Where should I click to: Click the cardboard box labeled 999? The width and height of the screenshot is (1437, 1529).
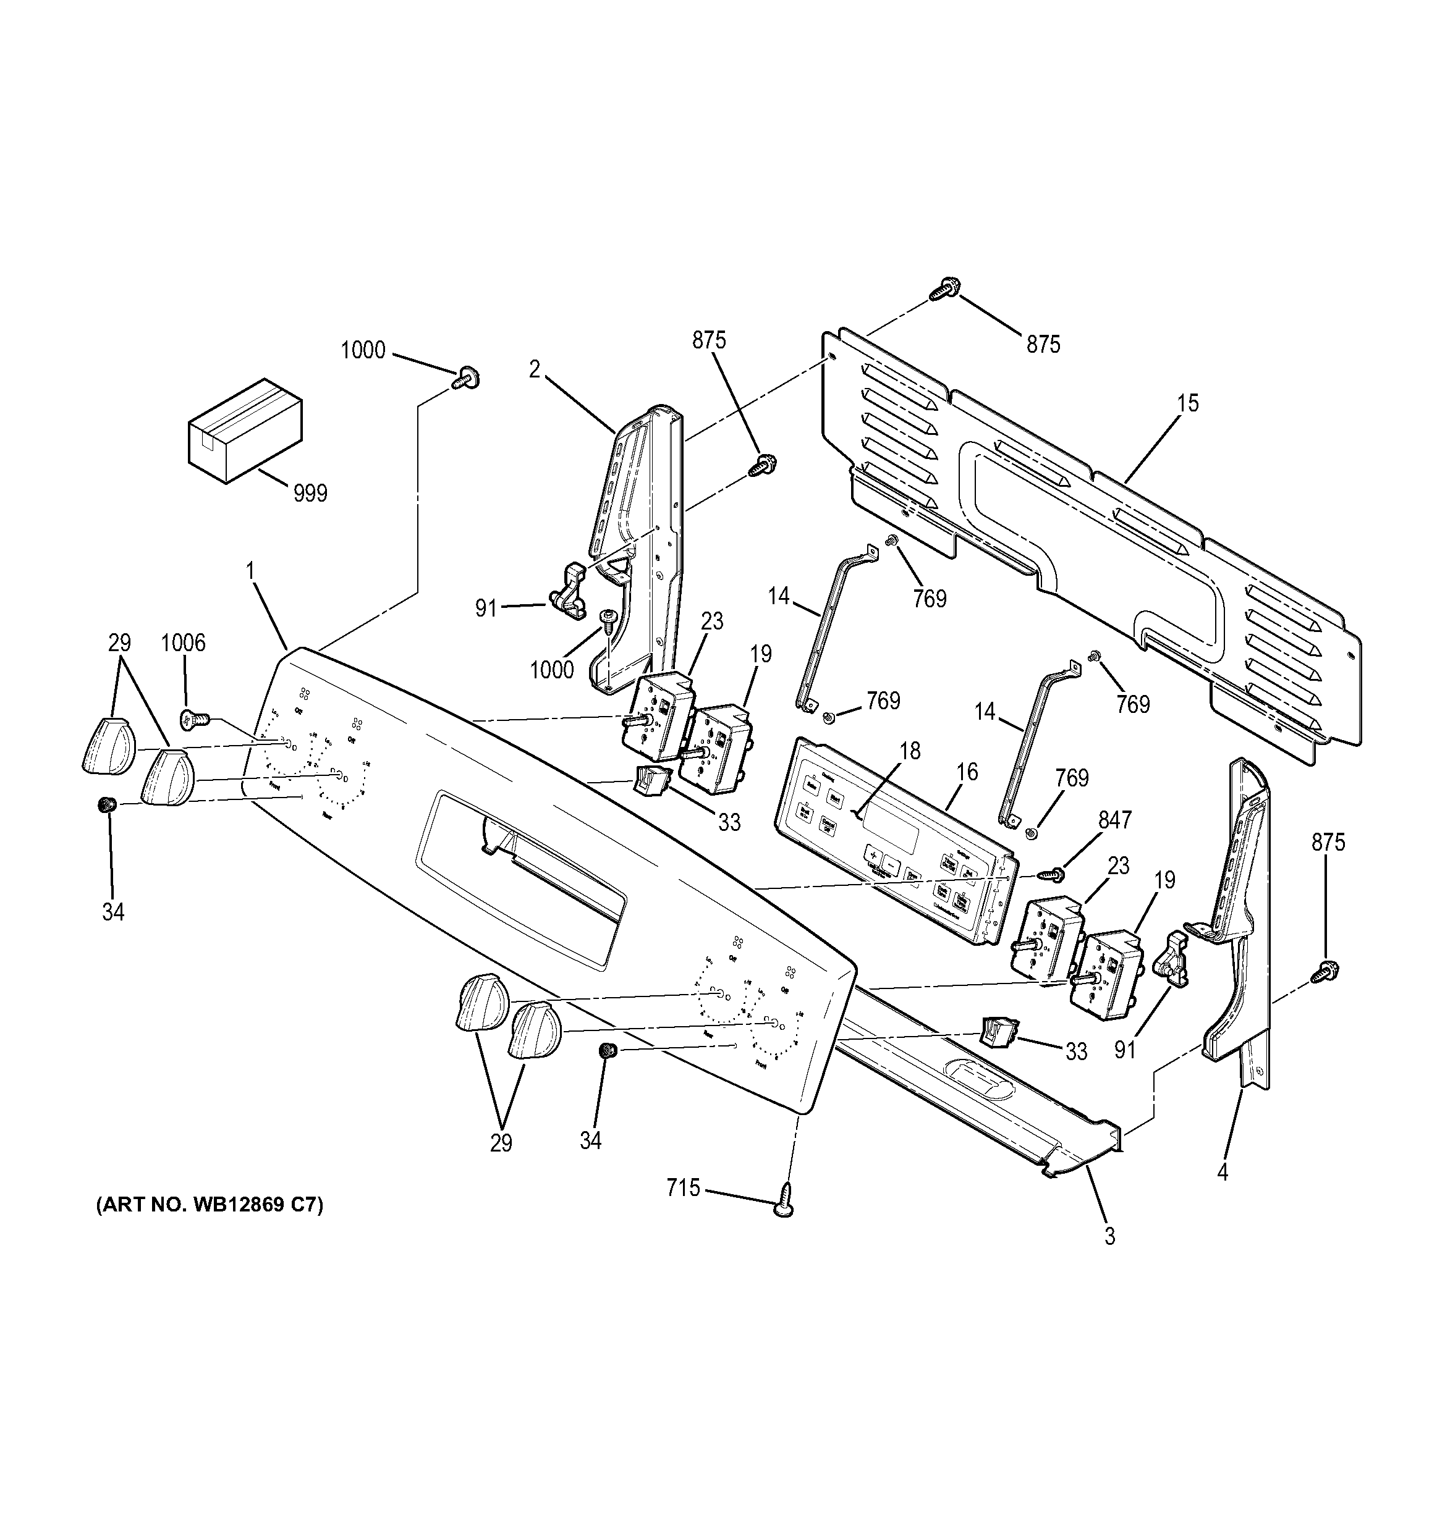pos(245,430)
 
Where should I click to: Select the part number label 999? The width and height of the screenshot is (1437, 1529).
pos(310,493)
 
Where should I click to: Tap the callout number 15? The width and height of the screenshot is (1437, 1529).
pos(1187,403)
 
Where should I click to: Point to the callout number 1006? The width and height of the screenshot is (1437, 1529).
pos(183,642)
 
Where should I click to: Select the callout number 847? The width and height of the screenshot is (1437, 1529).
pos(1114,820)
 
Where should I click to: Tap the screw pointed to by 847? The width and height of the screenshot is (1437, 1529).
pos(1051,874)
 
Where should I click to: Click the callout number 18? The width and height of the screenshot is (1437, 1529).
pos(910,751)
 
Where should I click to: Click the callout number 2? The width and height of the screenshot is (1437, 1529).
pos(535,369)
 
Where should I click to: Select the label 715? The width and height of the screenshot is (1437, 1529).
pos(683,1188)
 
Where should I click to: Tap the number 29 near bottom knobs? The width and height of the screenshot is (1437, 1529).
pos(501,1143)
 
